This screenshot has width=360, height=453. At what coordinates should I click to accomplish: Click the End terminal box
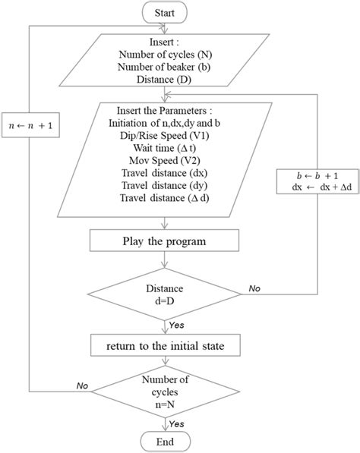[x=165, y=441]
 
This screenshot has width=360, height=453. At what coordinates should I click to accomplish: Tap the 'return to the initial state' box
[x=165, y=347]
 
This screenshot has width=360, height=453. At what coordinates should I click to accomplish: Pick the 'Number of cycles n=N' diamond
[x=165, y=392]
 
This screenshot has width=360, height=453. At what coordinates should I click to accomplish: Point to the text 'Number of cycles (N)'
[x=165, y=55]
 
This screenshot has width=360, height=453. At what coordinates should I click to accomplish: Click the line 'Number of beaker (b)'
[x=165, y=67]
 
